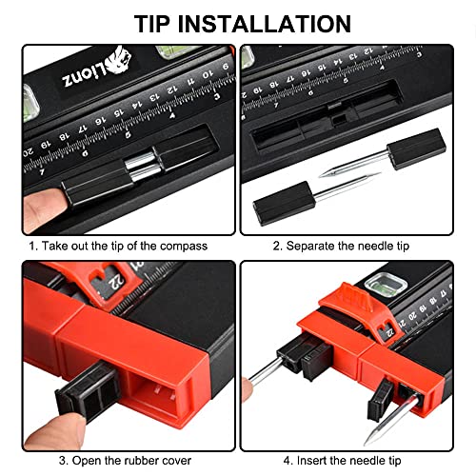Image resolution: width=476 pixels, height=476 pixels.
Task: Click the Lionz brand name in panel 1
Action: coord(85,75)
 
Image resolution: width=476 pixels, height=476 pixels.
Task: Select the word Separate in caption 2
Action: coord(306,247)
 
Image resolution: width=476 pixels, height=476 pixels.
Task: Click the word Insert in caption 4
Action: coord(310,461)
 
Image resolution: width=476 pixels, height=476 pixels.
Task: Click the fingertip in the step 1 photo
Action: coord(43,207)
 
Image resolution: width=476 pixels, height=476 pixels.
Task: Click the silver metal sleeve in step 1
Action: coord(142,167)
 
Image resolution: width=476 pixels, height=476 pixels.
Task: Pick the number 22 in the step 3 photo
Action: coord(116,282)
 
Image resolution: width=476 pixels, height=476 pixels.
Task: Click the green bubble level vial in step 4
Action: coord(385,285)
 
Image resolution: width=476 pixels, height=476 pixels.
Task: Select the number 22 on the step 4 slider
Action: coord(389,332)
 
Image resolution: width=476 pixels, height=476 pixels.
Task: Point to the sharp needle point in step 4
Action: coord(367,443)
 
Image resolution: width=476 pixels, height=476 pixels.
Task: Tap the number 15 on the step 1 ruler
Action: coord(119,113)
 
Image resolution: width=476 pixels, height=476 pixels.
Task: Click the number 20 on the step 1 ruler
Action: coord(28,152)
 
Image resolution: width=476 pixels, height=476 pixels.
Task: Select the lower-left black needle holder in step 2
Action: coord(284,202)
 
